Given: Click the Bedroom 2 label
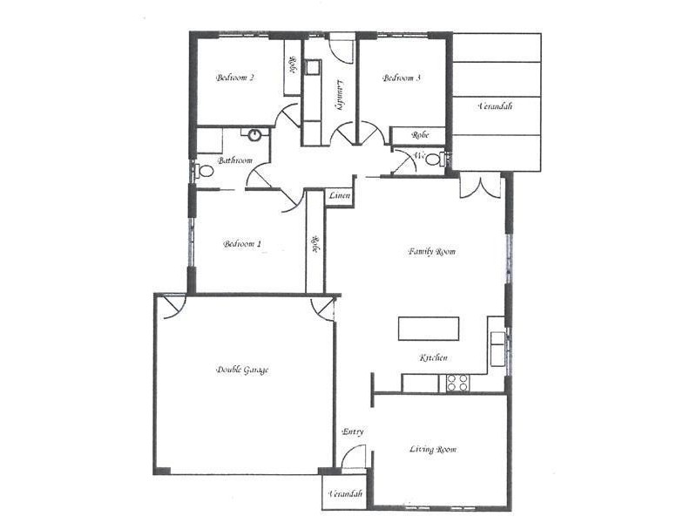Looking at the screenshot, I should click(235, 78).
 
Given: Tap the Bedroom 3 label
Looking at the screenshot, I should click(403, 78).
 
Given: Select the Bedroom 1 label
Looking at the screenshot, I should click(242, 244).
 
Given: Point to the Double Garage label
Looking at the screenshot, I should click(242, 370).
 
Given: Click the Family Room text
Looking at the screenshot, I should click(432, 251).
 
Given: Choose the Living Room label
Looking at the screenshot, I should click(433, 450).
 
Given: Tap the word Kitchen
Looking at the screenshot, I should click(434, 358).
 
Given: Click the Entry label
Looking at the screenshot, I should click(353, 431).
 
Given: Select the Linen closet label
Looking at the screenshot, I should click(340, 197).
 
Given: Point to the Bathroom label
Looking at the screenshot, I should click(235, 160).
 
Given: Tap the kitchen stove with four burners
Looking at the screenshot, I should click(457, 382).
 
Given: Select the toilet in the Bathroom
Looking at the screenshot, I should click(205, 171).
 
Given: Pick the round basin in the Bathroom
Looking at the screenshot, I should click(255, 136).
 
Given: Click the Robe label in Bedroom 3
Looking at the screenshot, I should click(421, 135).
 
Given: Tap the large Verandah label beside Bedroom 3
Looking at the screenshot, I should click(495, 106).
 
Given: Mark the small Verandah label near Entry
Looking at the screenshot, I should click(345, 494).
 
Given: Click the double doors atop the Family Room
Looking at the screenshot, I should click(479, 187).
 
